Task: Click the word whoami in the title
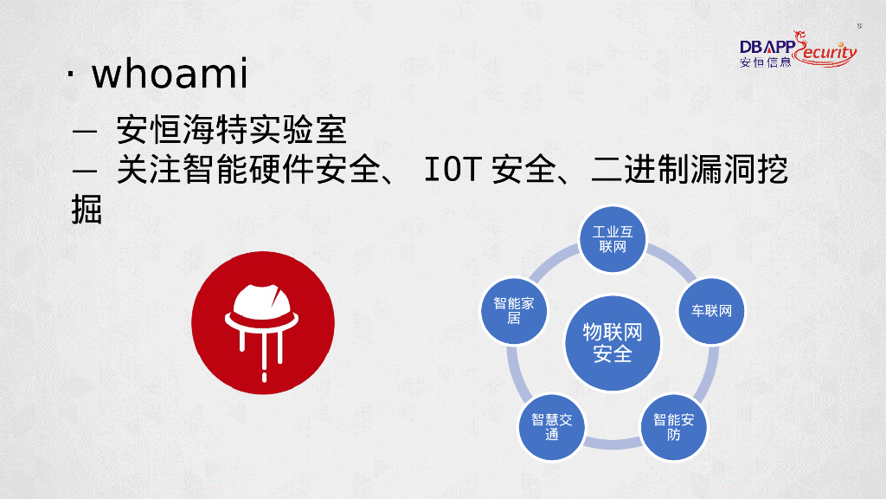pyautogui.click(x=170, y=75)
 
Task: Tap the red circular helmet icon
pyautogui.click(x=262, y=323)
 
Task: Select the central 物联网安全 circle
pyautogui.click(x=613, y=342)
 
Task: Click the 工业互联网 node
pyautogui.click(x=613, y=240)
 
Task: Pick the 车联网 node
pyautogui.click(x=711, y=310)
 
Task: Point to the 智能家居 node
pyautogui.click(x=514, y=310)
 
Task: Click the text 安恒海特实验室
pyautogui.click(x=232, y=131)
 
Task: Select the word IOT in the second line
pyautogui.click(x=451, y=171)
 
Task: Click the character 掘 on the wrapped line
pyautogui.click(x=87, y=209)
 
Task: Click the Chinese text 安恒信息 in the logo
pyautogui.click(x=766, y=62)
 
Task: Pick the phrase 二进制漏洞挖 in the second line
pyautogui.click(x=690, y=171)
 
